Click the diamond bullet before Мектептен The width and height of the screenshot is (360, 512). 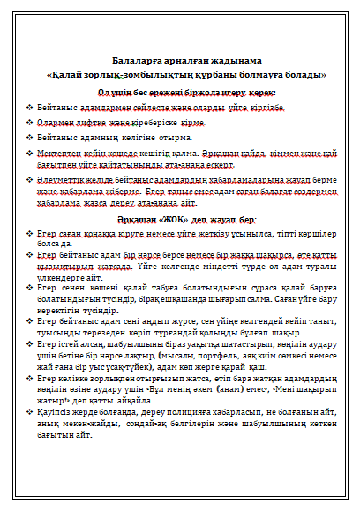click(x=30, y=153)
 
